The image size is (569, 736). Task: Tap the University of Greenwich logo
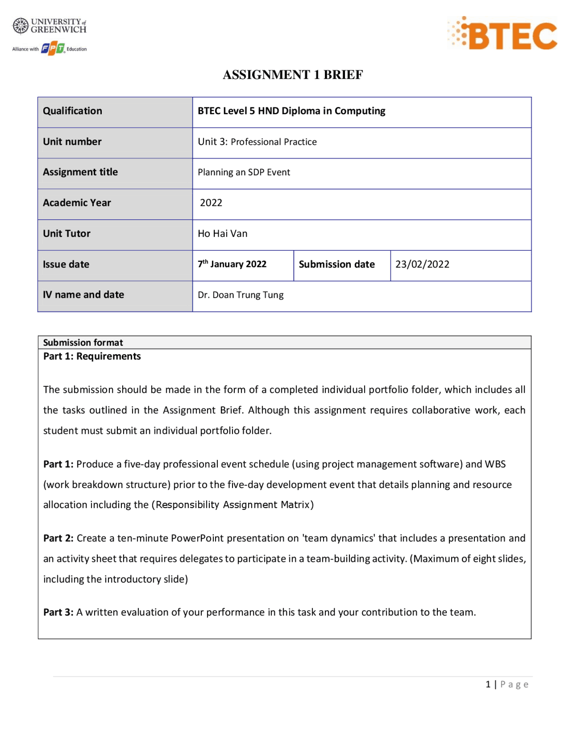[49, 26]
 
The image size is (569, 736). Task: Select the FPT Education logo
[53, 48]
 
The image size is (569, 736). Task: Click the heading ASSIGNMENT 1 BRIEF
[293, 75]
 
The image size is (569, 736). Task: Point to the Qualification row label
[72, 111]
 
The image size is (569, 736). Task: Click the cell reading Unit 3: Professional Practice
[257, 142]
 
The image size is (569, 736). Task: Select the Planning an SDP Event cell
[244, 172]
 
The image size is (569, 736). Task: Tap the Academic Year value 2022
[211, 203]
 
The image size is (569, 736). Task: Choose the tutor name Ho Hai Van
[222, 234]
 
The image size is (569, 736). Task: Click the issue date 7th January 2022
[232, 264]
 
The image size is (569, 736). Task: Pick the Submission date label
[337, 264]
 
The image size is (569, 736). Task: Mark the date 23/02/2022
[422, 264]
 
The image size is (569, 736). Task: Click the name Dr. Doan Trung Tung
[240, 295]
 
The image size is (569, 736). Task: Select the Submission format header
[83, 343]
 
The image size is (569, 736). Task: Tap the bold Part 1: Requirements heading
[92, 356]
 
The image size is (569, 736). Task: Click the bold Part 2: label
[58, 538]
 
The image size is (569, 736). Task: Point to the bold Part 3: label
[58, 612]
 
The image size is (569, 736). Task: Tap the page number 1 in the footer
[488, 684]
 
